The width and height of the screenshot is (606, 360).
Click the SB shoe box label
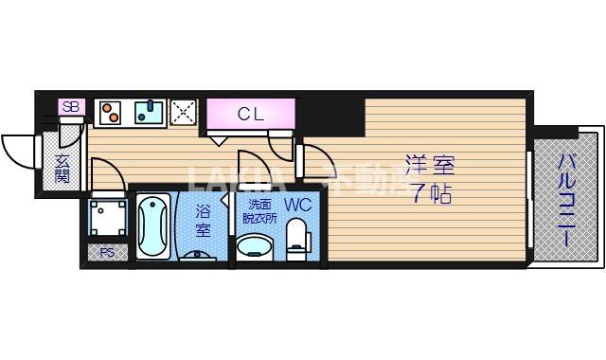(70, 107)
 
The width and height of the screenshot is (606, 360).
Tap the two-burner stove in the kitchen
(110, 113)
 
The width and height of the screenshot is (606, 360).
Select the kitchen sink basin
(150, 113)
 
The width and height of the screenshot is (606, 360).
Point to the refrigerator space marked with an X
(183, 113)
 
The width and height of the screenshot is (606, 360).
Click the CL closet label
(250, 115)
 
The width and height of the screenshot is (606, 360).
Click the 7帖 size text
(430, 194)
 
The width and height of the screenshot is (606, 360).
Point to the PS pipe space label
(107, 253)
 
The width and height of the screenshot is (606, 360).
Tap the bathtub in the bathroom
(152, 226)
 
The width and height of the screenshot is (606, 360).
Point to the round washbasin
(254, 248)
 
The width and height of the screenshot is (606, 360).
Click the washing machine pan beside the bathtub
(107, 219)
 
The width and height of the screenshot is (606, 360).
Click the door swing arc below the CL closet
(282, 142)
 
